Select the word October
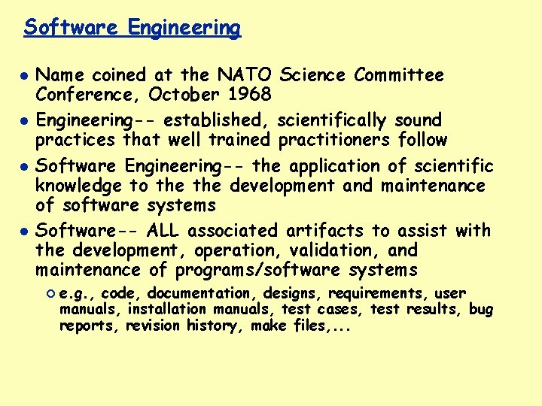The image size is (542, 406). click(x=181, y=95)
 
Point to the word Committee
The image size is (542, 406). click(x=399, y=75)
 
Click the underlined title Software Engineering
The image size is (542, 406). click(x=132, y=28)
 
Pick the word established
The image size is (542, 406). click(x=218, y=120)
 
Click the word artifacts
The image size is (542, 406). click(x=323, y=230)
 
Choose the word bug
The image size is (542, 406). click(x=480, y=309)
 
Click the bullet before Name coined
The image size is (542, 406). click(x=24, y=76)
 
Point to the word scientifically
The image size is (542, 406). click(x=332, y=120)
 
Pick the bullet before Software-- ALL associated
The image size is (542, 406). click(x=24, y=231)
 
